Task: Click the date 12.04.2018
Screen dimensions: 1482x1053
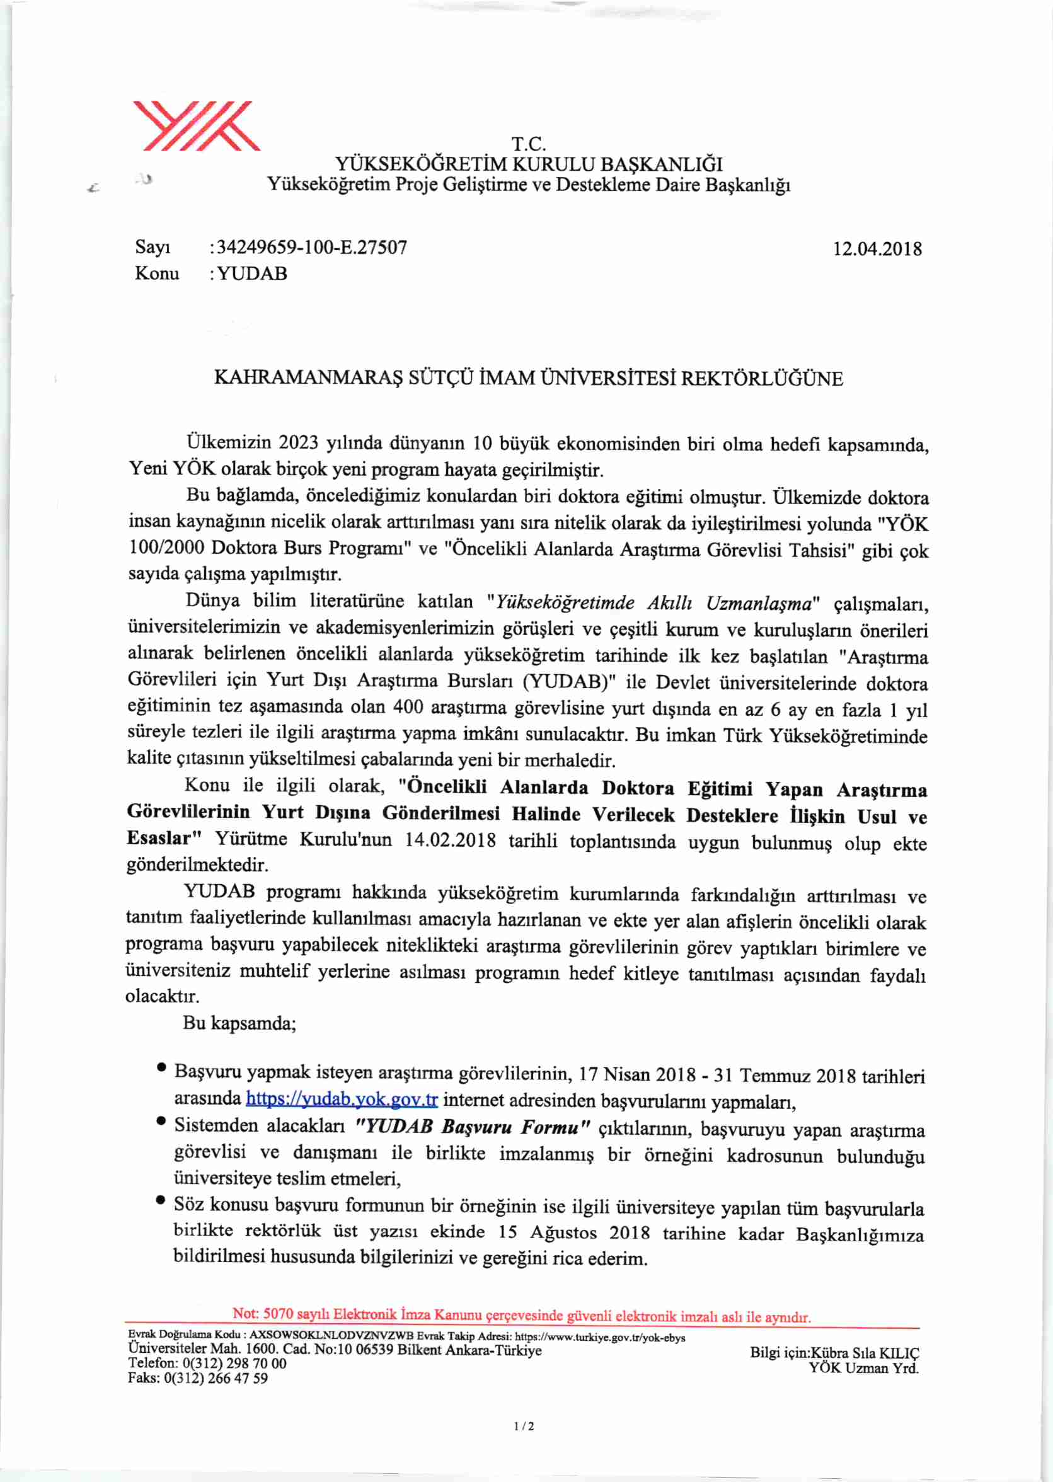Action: coord(877,249)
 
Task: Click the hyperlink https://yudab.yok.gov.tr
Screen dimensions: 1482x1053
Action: coord(342,1100)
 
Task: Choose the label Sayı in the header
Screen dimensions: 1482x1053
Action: coord(153,247)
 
